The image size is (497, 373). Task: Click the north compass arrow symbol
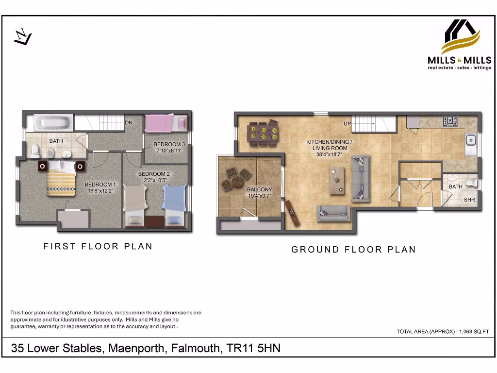click(x=22, y=37)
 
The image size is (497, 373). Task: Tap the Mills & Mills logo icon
click(x=460, y=36)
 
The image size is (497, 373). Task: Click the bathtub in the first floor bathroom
click(x=54, y=122)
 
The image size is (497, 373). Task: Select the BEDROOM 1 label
click(x=100, y=185)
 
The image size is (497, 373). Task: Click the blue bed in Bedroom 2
click(x=174, y=204)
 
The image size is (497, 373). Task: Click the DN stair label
click(x=129, y=123)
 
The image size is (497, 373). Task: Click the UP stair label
click(x=347, y=124)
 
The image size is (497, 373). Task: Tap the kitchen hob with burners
click(x=449, y=121)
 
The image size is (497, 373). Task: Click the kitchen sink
click(x=470, y=141)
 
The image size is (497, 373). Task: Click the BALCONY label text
click(x=259, y=190)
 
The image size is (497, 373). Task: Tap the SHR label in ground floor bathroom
click(x=469, y=200)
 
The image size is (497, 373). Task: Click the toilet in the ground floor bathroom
click(x=470, y=183)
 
